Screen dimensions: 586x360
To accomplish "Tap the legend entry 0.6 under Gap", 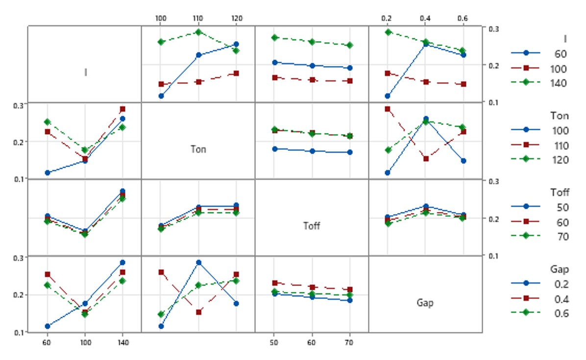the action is click(562, 313).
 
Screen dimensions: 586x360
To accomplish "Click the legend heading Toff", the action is click(559, 192).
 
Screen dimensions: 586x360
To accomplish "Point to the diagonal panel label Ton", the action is click(198, 149).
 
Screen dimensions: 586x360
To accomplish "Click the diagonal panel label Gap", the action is click(425, 302).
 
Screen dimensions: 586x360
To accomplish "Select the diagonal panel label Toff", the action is click(312, 226).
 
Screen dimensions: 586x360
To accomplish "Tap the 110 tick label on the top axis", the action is click(198, 18).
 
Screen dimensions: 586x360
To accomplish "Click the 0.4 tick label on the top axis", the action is click(425, 18).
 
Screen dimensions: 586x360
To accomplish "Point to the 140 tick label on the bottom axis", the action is click(123, 342).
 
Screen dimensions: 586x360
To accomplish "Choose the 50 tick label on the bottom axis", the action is click(274, 342).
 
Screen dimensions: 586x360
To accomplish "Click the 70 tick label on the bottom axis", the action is click(349, 342).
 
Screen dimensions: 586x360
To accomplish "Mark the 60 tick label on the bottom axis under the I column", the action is click(47, 342).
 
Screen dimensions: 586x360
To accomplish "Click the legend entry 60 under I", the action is click(560, 54).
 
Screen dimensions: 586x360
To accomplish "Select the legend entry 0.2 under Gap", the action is click(562, 284).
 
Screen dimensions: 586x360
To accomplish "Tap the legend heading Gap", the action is click(559, 269).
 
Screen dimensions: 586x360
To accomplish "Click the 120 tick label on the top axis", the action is click(237, 18).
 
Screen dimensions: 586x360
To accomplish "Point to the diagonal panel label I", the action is click(86, 72).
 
